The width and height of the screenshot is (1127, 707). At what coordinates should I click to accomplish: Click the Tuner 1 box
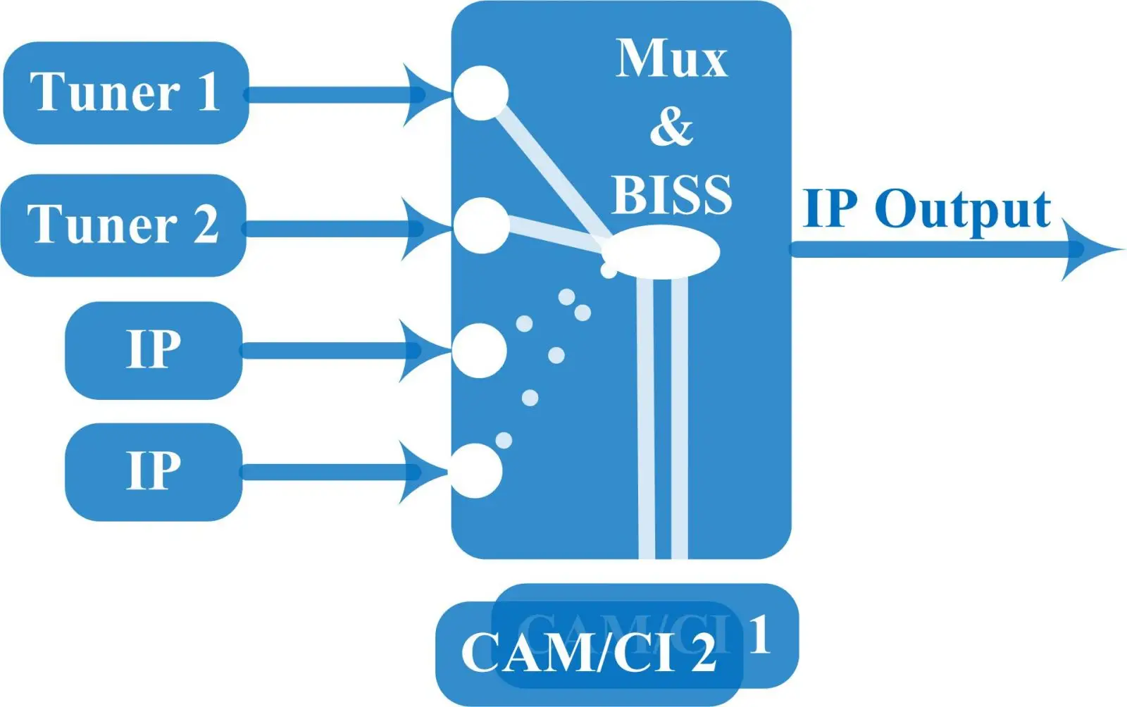(125, 93)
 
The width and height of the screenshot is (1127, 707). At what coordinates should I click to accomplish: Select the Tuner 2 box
(123, 225)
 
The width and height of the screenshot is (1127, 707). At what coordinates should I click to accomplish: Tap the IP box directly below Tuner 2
(154, 350)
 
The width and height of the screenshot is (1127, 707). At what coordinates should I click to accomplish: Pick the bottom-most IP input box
(154, 471)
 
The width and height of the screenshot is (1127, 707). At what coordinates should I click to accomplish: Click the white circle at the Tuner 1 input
(480, 93)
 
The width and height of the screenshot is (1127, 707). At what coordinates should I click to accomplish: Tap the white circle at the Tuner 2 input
(481, 225)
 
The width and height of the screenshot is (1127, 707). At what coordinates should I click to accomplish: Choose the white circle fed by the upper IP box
(479, 350)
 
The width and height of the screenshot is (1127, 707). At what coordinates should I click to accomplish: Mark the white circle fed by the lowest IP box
(476, 470)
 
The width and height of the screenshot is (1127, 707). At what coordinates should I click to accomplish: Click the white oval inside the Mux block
(662, 252)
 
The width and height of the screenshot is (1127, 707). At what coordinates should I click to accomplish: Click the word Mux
(671, 58)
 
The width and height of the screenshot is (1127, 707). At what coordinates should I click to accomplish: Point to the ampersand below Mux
(671, 127)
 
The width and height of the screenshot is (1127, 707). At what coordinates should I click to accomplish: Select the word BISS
(671, 194)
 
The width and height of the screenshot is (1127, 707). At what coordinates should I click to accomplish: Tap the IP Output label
(927, 209)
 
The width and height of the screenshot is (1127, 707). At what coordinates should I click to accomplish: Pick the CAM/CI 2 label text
(588, 653)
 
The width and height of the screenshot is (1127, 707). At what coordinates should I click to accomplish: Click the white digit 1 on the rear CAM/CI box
(759, 634)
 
